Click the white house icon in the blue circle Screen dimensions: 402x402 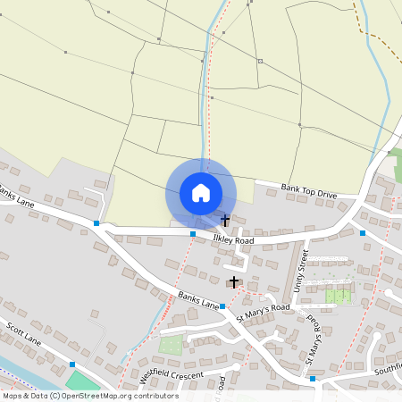tap(201, 193)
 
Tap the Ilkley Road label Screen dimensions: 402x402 tap(233, 240)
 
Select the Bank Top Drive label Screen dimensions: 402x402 tap(308, 189)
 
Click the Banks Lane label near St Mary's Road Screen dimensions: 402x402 tap(198, 299)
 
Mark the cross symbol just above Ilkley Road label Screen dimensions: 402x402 tap(225, 220)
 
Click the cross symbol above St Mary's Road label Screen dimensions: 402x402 tap(234, 282)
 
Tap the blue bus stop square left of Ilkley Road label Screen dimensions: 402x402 tap(193, 234)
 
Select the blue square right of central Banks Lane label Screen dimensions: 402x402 tap(222, 306)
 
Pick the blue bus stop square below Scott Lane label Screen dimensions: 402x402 tap(72, 364)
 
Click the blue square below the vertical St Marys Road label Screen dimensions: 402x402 tap(313, 378)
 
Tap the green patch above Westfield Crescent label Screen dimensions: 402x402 tap(169, 344)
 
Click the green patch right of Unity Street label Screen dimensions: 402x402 tap(339, 296)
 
